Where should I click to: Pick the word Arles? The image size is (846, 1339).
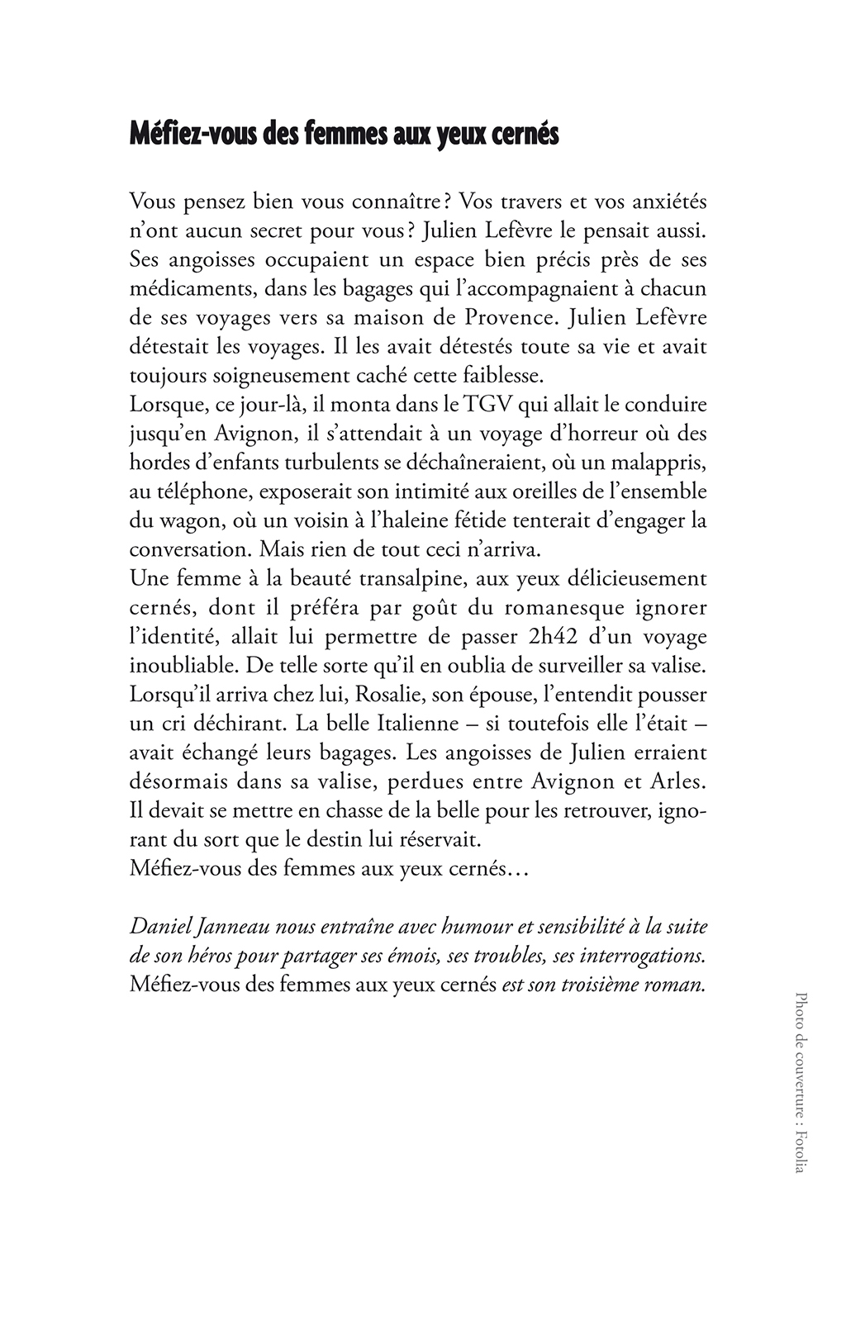click(x=680, y=781)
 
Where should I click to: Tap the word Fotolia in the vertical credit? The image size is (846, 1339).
click(x=799, y=1150)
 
